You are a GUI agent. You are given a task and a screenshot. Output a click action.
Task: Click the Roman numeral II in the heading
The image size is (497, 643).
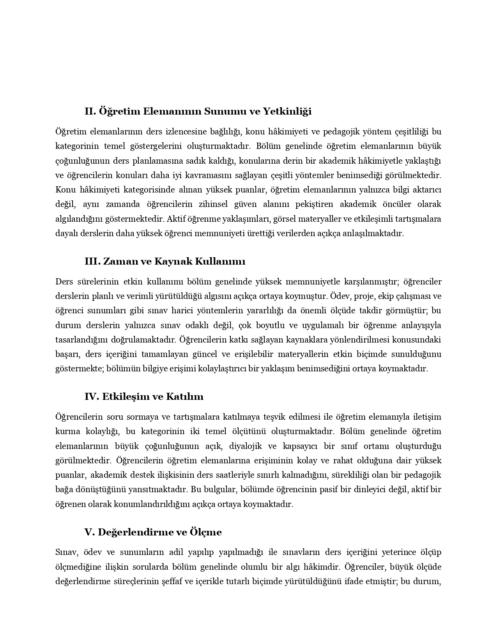(x=90, y=111)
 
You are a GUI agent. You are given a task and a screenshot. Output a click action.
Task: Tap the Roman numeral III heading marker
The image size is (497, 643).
(x=92, y=261)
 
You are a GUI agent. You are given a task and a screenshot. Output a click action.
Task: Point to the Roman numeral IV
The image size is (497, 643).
(x=92, y=397)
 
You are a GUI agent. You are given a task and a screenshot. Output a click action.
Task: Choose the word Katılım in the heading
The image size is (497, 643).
(x=185, y=397)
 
